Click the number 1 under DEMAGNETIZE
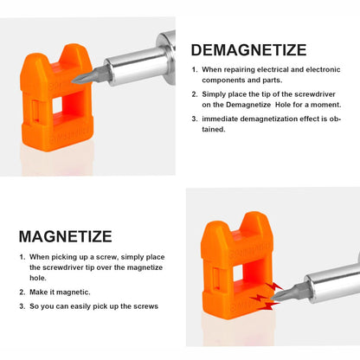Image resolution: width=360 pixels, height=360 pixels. (x=195, y=69)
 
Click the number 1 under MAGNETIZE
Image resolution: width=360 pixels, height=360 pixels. (x=22, y=257)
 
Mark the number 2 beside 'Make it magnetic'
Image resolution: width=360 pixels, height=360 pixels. (x=22, y=292)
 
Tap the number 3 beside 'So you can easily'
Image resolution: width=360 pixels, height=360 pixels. (x=22, y=306)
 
